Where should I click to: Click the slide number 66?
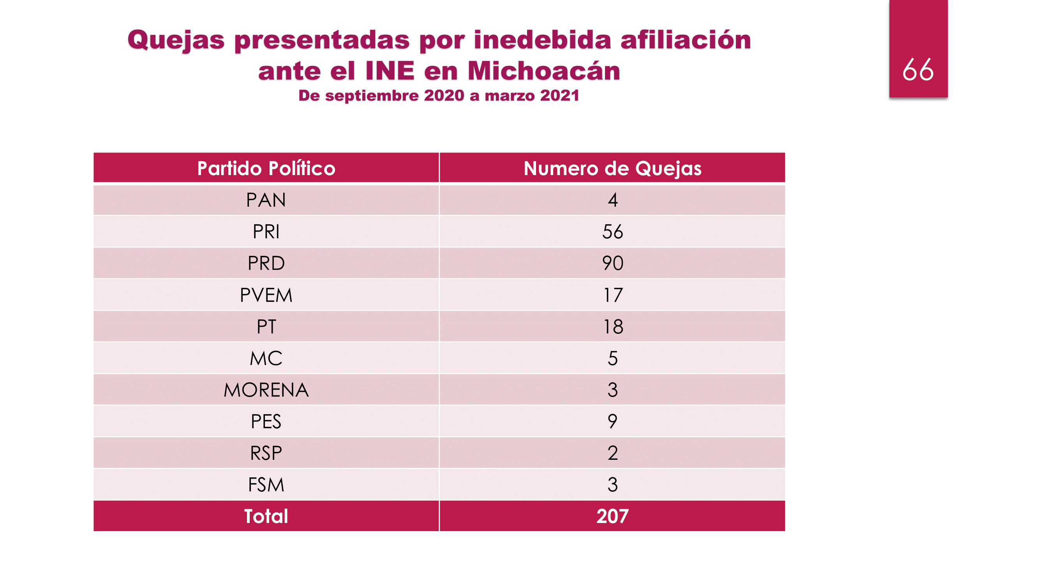click(917, 70)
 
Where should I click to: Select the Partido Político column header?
click(266, 168)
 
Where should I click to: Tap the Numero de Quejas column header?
click(612, 168)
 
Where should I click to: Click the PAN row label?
click(266, 200)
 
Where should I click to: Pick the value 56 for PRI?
click(612, 232)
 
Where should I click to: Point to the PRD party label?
click(266, 263)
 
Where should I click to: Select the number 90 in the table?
click(612, 263)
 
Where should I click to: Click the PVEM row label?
click(266, 295)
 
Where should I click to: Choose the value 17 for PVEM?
click(612, 295)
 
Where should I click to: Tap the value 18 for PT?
click(612, 326)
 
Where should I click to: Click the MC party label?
click(266, 358)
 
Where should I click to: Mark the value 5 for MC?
click(612, 358)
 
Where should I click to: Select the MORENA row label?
click(266, 390)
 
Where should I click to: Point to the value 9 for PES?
click(612, 422)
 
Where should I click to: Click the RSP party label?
click(266, 453)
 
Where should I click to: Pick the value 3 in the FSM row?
click(612, 484)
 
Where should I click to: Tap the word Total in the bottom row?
click(266, 516)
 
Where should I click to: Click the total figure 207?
click(612, 516)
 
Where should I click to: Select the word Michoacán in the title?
click(543, 71)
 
